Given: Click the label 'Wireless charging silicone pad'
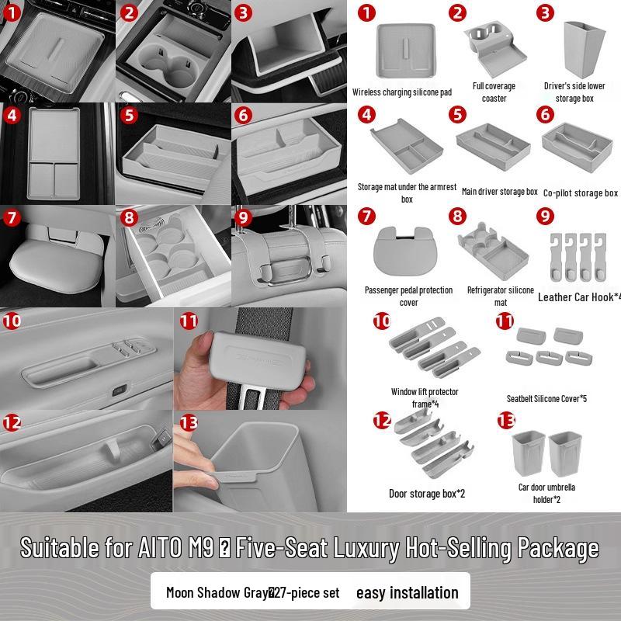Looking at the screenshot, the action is point(402,92).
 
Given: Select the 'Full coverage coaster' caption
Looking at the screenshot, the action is point(494,92).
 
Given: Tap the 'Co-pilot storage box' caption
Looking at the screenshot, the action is point(580,193).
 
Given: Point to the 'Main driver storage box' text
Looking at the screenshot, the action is point(499,192).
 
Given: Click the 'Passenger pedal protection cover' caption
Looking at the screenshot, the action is point(408,297).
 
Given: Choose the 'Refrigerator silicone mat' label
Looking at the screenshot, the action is point(501,297).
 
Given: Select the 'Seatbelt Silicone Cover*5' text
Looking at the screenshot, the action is point(546,399).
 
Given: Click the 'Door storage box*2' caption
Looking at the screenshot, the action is point(427,494).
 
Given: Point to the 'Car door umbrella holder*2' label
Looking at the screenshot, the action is point(546,493).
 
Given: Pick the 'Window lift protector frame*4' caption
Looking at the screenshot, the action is point(425,397).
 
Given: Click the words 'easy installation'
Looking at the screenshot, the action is point(407,593).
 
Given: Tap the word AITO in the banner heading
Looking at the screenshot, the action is point(160,548).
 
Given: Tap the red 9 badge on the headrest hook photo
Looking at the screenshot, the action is point(243,217).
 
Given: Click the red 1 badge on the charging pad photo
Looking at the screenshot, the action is point(12,13).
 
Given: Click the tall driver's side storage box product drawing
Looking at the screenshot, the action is point(584,49).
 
